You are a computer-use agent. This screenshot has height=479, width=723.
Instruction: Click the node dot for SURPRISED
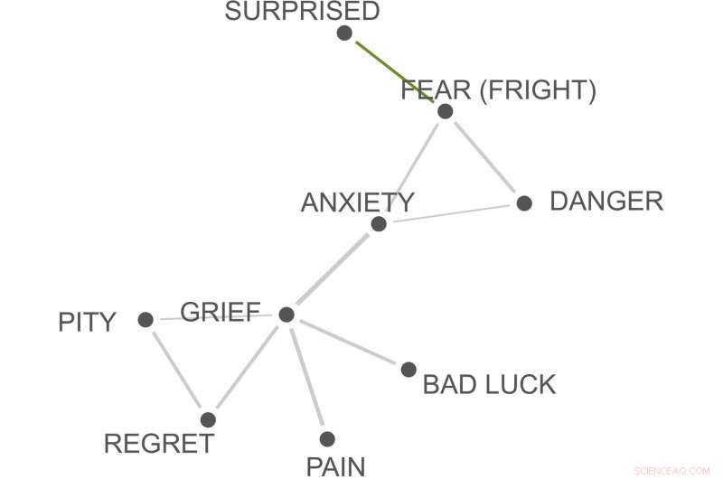[343, 33]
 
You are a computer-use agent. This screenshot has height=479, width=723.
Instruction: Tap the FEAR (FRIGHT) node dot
[445, 111]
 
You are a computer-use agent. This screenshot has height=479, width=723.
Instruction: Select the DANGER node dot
[524, 202]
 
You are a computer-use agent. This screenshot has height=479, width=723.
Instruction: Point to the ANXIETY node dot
[379, 224]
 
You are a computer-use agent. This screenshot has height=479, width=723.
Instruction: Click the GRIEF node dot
[286, 315]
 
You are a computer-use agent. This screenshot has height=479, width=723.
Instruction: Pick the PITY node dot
[146, 319]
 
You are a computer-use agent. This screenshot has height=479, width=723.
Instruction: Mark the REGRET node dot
[208, 419]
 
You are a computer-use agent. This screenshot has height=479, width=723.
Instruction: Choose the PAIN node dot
[327, 439]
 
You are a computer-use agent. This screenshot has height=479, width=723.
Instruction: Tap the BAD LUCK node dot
[408, 369]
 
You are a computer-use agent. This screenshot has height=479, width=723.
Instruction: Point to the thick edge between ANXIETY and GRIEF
[332, 270]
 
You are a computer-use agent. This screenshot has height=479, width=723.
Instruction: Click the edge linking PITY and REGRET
[177, 370]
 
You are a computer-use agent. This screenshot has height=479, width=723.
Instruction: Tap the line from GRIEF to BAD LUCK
[348, 342]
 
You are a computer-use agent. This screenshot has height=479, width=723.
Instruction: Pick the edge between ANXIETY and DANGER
[452, 213]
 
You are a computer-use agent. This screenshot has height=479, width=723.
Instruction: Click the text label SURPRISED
[302, 12]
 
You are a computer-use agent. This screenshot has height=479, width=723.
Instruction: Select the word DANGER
[606, 202]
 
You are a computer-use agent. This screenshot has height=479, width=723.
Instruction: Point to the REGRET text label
[159, 444]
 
